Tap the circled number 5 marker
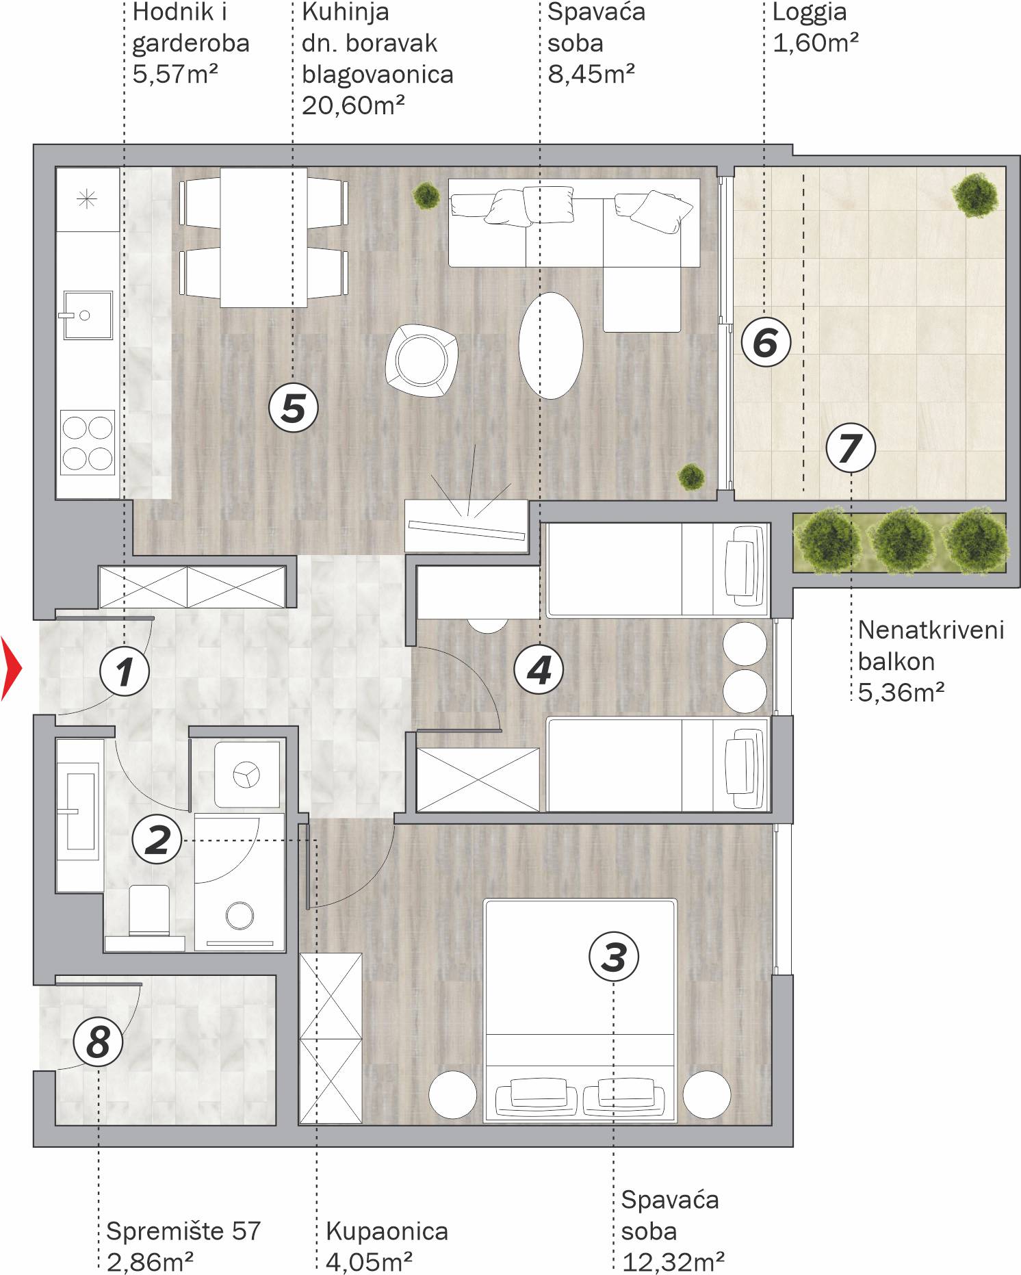294,408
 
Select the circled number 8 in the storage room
99,1042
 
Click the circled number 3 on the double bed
614,956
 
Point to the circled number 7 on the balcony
850,448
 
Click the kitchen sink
88,315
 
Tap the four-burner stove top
88,443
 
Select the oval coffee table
551,346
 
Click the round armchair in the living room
422,360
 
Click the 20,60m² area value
353,105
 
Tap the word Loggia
810,12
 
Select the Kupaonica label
387,1231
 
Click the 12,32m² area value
673,1261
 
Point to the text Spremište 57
184,1231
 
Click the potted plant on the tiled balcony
977,195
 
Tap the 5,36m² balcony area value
901,693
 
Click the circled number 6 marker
766,342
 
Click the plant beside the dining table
426,196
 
